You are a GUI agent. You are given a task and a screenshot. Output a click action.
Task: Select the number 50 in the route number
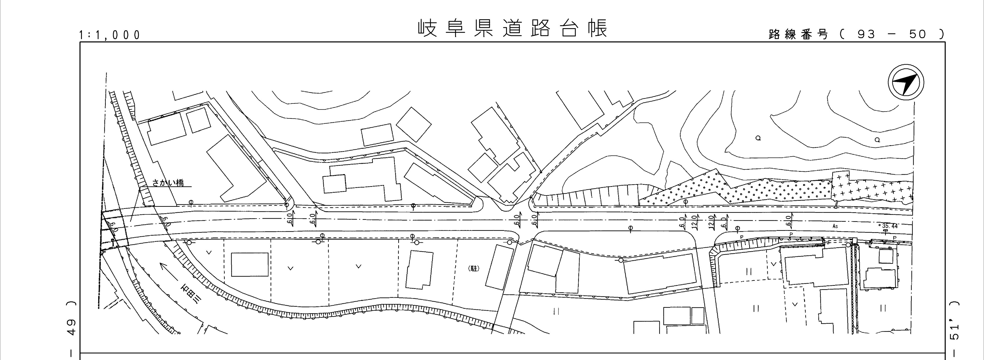[918, 34]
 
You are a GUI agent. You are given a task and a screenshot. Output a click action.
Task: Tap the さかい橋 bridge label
[168, 183]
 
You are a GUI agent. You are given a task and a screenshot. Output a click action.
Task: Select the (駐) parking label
[473, 269]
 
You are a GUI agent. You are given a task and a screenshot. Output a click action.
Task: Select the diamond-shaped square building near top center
[414, 124]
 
